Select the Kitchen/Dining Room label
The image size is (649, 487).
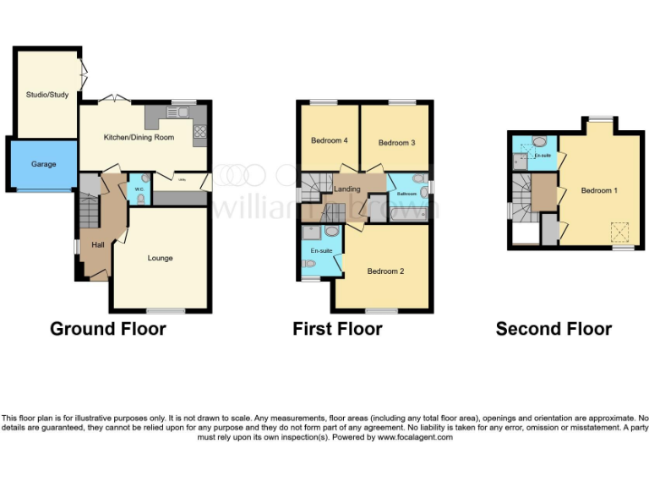pos(139,137)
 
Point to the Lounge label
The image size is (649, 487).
pos(160,258)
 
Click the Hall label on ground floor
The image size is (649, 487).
pos(98,245)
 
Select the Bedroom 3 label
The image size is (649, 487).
pos(396,143)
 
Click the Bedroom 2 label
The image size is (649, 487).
pos(385,271)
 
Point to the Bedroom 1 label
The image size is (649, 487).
pos(598,190)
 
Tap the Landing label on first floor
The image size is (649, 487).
pos(347,189)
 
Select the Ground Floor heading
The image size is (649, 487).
pos(108,328)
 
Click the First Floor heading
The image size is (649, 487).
pos(337,328)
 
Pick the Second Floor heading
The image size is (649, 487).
pos(554,328)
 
